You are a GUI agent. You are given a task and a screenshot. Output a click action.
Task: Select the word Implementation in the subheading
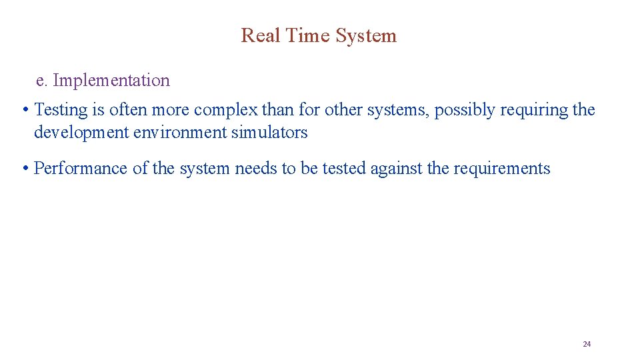111,81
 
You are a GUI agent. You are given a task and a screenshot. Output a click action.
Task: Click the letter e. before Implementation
42,81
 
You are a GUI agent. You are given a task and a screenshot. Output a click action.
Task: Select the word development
81,132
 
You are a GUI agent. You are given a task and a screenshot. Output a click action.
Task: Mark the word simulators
269,132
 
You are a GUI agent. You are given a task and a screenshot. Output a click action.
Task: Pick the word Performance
81,168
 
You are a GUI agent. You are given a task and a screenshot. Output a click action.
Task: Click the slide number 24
587,344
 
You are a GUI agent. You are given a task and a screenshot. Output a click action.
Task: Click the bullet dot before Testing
24,110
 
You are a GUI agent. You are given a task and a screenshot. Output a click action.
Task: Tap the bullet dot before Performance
24,168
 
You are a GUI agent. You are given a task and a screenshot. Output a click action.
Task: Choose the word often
130,110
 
